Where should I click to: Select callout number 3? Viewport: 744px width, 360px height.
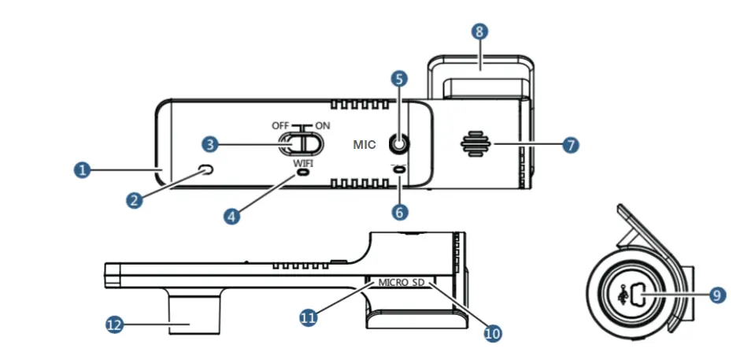[209, 144]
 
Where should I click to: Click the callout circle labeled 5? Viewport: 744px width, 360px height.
[399, 79]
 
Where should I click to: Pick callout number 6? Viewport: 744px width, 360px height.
[400, 212]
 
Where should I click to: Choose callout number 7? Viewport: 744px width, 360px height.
[571, 145]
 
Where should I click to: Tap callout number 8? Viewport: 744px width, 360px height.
[479, 32]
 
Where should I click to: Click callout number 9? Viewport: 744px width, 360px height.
[716, 295]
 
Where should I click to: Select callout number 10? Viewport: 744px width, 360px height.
[492, 333]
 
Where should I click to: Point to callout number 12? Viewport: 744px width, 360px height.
[115, 324]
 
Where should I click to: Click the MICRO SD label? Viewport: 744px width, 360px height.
[402, 281]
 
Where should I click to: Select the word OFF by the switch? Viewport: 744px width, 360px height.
[281, 126]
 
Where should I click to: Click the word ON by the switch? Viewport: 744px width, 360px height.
[322, 126]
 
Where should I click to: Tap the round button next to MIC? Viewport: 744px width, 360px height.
[400, 144]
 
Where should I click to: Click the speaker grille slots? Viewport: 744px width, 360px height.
[476, 145]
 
